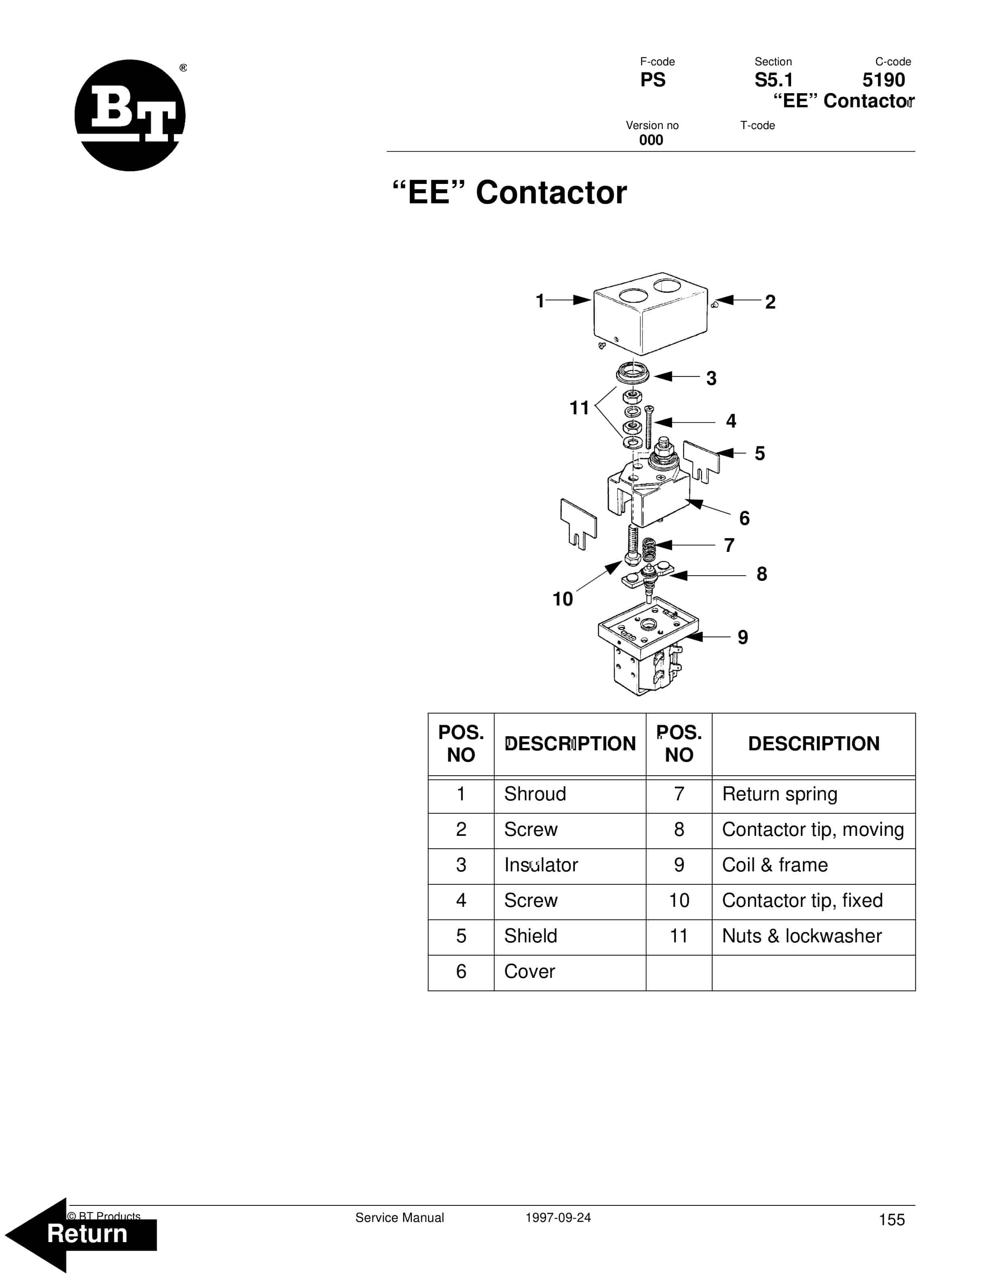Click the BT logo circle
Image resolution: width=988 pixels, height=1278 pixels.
click(130, 115)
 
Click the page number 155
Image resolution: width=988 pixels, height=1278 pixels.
click(892, 1220)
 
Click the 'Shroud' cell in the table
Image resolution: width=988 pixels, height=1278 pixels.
click(535, 794)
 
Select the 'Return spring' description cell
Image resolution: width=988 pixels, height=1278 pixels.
click(780, 794)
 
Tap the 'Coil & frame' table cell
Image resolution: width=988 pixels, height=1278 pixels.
click(775, 865)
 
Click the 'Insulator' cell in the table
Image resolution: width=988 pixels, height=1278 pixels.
click(541, 865)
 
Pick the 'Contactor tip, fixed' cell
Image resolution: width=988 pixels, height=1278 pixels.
click(802, 900)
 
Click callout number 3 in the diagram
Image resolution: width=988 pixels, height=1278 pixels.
click(711, 378)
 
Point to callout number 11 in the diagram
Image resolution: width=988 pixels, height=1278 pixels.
click(579, 408)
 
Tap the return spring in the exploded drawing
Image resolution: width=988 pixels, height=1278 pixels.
click(649, 549)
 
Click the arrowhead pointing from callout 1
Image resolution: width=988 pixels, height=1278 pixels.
click(582, 300)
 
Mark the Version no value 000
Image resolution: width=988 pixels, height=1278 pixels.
click(651, 140)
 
